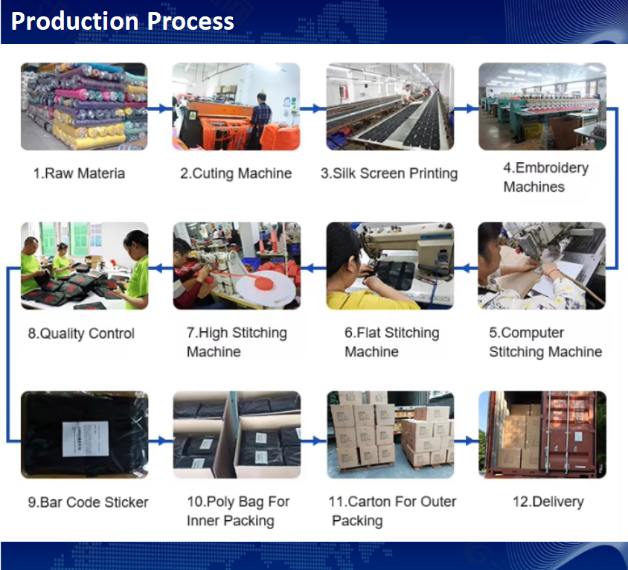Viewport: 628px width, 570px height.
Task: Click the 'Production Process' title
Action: pos(123,22)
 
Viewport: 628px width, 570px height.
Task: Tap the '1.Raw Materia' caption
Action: pos(79,173)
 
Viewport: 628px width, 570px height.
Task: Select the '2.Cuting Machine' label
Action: pos(236,173)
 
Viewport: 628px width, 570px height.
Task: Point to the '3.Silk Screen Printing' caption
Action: pos(389,173)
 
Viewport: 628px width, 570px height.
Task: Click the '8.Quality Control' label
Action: pos(81,333)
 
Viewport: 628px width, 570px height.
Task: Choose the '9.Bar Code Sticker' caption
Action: pos(88,502)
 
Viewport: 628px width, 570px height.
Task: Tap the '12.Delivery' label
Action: pos(548,502)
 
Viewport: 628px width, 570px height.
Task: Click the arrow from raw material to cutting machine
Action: pos(160,108)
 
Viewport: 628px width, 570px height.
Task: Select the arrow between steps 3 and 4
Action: pos(467,108)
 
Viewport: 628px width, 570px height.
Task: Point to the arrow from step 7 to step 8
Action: pos(161,269)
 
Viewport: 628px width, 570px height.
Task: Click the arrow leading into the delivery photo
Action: pos(467,441)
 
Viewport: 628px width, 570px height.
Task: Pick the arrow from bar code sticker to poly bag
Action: pos(161,441)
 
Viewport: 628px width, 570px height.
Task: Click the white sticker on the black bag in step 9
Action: pos(86,438)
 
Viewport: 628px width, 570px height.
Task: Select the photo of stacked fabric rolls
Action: pos(84,106)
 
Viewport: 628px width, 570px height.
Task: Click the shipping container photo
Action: pos(542,435)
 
